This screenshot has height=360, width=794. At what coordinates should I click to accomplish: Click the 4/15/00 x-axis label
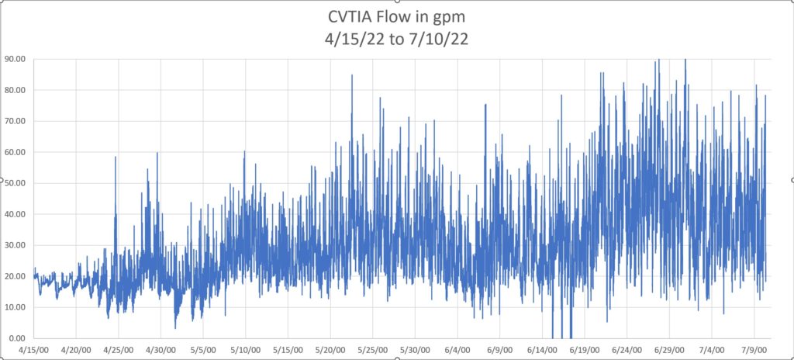34,350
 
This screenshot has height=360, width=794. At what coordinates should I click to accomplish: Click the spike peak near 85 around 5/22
352,75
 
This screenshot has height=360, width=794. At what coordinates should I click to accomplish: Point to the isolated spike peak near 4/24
116,157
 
